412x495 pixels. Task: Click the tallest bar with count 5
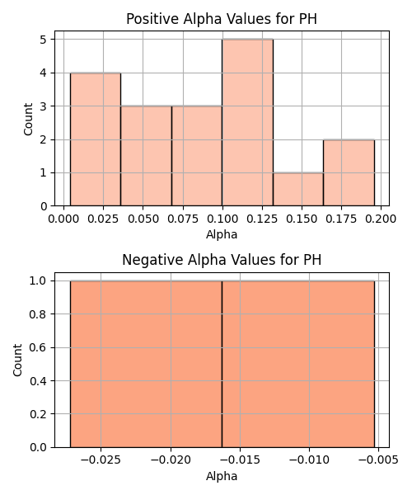point(247,122)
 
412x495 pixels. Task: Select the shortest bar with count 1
point(298,190)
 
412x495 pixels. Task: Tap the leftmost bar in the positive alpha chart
point(96,139)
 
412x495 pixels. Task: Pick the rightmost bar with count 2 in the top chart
point(349,172)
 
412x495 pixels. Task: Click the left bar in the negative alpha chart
point(146,364)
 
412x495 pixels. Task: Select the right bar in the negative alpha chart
point(298,364)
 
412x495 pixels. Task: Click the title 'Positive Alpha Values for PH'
point(222,19)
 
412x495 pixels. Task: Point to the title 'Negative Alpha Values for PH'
point(222,260)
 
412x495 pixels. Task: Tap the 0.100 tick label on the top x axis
point(222,219)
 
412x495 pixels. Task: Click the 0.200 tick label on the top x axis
point(381,219)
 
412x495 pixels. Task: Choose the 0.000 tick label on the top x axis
point(63,219)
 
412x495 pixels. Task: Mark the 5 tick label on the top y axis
point(43,40)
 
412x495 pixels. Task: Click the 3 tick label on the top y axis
point(43,106)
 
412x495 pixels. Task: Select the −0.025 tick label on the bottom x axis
point(101,460)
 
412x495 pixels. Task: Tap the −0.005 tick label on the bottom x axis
point(378,460)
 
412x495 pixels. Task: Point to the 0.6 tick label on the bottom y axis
point(38,347)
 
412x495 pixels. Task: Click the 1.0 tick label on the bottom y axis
point(38,280)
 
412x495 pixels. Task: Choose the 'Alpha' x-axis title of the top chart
point(222,234)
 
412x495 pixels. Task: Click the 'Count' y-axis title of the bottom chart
point(17,360)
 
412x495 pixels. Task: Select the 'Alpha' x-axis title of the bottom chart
point(222,476)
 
